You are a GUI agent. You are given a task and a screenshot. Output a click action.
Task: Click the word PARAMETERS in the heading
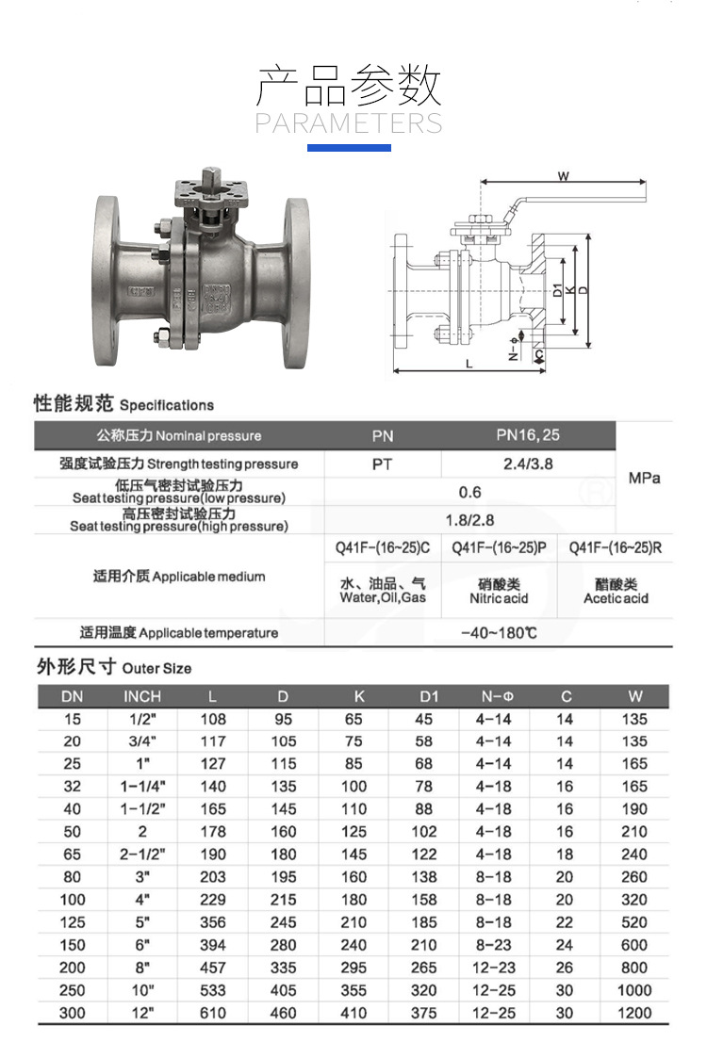(x=349, y=123)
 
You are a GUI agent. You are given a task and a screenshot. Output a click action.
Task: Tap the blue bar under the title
(x=349, y=148)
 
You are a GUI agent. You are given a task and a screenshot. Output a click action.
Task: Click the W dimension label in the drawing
(x=563, y=176)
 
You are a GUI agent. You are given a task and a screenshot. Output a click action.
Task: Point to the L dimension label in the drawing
(x=469, y=363)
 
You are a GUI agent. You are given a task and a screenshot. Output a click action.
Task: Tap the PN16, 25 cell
(x=528, y=435)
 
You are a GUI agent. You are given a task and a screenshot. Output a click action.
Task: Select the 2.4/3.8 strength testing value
(x=528, y=464)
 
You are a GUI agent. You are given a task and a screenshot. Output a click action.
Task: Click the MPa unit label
(x=645, y=478)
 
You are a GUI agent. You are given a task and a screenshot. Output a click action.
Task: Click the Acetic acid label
(x=616, y=598)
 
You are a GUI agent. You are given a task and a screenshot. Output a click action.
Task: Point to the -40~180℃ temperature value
(x=499, y=632)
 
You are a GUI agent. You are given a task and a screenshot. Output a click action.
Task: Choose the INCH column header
(x=142, y=696)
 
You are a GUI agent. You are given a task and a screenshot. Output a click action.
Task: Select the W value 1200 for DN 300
(x=634, y=1013)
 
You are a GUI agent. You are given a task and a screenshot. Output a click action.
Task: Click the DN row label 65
(x=72, y=855)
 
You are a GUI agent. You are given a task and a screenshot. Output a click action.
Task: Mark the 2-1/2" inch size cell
(x=142, y=855)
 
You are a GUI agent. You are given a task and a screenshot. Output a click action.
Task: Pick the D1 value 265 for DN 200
(x=424, y=968)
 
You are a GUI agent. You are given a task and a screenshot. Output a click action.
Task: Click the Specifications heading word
(x=167, y=405)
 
